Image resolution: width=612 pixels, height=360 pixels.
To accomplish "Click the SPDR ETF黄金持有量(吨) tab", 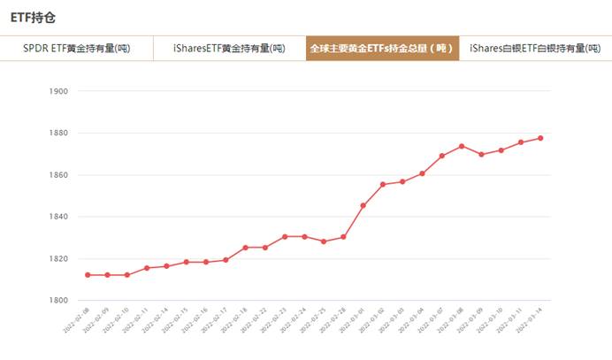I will [77, 48].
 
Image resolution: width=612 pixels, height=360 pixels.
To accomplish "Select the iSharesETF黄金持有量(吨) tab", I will [229, 48].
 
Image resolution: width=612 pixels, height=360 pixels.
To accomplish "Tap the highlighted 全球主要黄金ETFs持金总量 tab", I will [381, 48].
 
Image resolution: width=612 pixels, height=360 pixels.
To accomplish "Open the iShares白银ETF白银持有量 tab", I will [533, 48].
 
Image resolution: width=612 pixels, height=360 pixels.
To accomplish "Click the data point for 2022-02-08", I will [88, 275].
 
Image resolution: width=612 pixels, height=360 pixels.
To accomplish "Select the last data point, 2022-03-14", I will [539, 138].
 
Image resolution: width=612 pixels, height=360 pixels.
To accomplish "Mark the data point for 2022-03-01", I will [363, 205].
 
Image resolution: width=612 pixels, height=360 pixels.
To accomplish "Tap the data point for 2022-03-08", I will [461, 146].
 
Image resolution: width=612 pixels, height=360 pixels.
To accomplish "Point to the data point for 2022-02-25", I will [324, 241].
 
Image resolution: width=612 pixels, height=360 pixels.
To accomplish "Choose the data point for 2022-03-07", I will [441, 156].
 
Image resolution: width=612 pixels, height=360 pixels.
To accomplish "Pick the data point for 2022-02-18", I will [245, 248].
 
